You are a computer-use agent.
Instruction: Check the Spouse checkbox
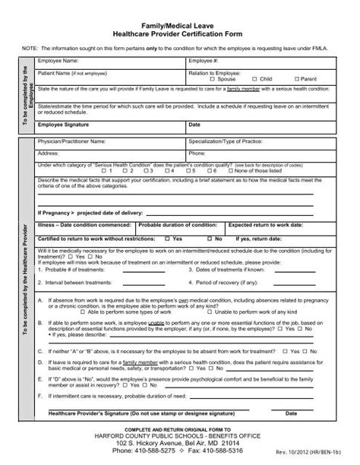[213, 78]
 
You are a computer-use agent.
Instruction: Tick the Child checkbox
[254, 78]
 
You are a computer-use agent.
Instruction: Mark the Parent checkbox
[296, 78]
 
